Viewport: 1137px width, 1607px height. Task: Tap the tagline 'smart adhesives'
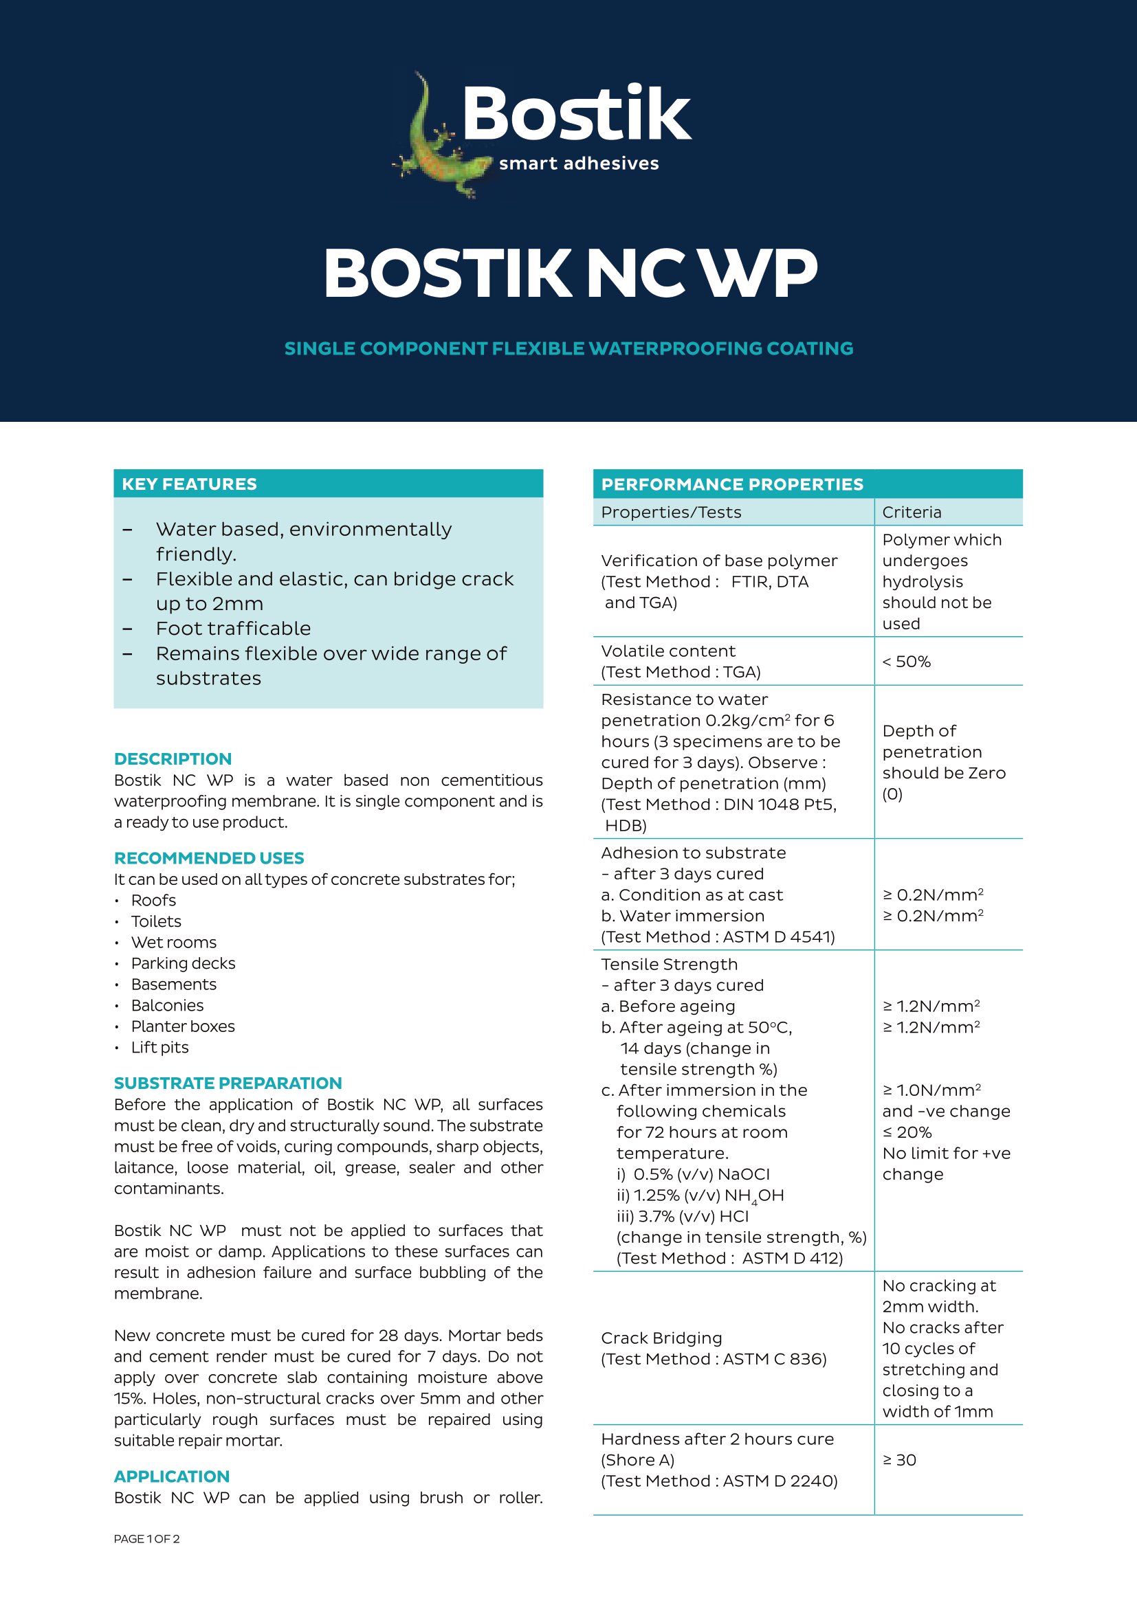point(578,164)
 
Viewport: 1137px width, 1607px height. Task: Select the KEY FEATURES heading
point(189,484)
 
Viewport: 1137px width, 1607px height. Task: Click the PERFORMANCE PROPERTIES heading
point(731,484)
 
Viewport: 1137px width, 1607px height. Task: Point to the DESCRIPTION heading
point(173,758)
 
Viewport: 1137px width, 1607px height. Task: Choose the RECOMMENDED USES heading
point(209,858)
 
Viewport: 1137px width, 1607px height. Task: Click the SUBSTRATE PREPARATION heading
point(228,1083)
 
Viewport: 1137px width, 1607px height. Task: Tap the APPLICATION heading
point(172,1477)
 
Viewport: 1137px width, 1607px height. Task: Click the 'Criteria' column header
point(912,513)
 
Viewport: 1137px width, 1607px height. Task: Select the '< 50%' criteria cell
point(906,662)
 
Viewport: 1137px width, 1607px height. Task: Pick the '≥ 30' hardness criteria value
point(899,1460)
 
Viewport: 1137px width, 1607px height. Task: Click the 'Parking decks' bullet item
point(183,963)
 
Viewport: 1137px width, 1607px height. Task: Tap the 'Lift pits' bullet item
point(159,1047)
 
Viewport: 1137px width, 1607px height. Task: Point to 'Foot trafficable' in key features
point(233,629)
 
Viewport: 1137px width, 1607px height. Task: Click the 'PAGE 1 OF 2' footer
point(146,1539)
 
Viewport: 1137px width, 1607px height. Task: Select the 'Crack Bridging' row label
point(661,1338)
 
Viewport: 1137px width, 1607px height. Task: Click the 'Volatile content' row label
point(668,651)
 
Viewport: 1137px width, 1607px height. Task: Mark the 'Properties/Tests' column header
point(671,513)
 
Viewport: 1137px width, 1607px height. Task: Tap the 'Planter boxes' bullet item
point(183,1026)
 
